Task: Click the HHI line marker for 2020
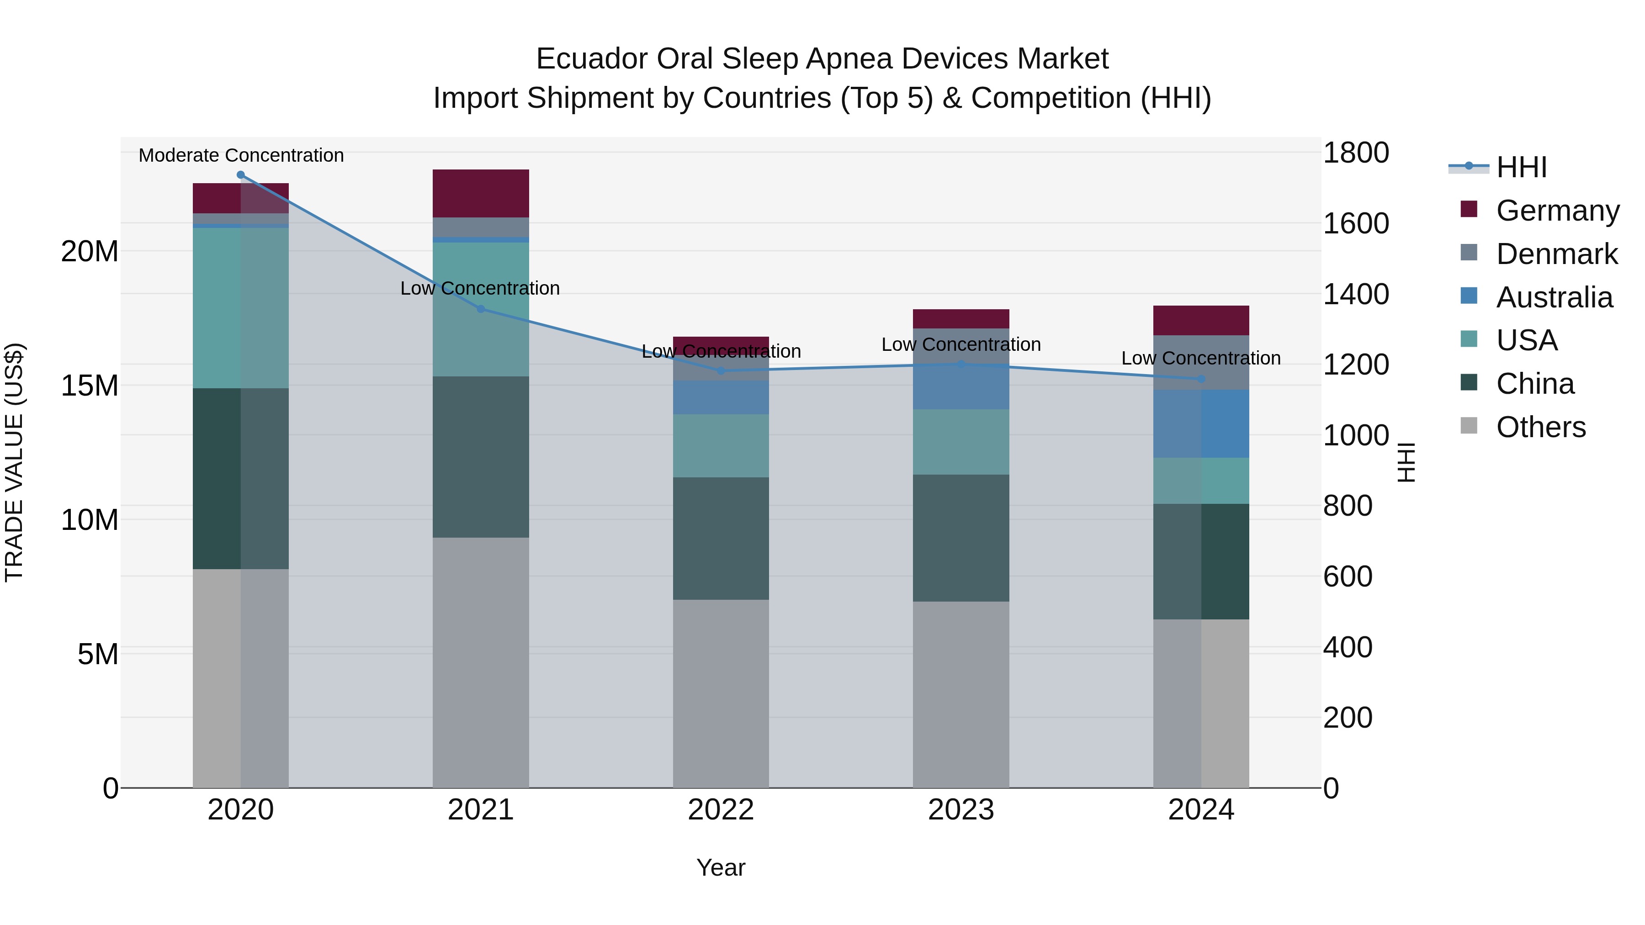tap(241, 175)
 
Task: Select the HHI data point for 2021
tap(481, 309)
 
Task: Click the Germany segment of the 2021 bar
tap(481, 193)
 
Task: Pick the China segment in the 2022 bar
tap(721, 538)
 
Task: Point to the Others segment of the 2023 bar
tap(961, 694)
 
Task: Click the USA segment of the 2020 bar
tap(241, 308)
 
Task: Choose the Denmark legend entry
tap(1556, 254)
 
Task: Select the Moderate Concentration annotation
tap(241, 155)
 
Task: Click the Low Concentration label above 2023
tap(961, 345)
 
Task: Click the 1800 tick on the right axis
tap(1355, 153)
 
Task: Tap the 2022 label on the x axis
tap(721, 810)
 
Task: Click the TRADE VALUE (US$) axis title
tap(14, 462)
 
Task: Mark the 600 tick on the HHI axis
tap(1348, 576)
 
